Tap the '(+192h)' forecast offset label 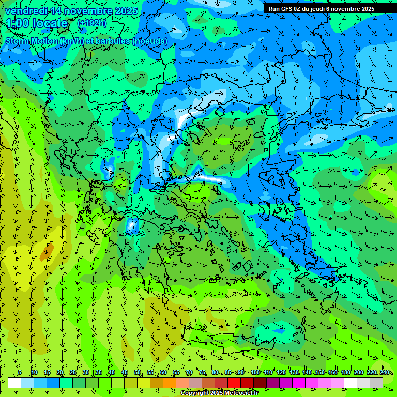(x=92, y=23)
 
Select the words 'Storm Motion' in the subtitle (x=32, y=41)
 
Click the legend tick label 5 (x=20, y=372)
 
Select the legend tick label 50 (x=137, y=372)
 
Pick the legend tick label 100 (x=255, y=372)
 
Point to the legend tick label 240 (x=385, y=372)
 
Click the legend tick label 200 (x=359, y=372)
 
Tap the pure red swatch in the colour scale (x=234, y=383)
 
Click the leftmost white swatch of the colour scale (x=14, y=383)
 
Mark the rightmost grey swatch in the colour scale (x=376, y=383)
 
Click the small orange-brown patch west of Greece (x=47, y=252)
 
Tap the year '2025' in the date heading (x=126, y=11)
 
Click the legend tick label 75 (x=202, y=372)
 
